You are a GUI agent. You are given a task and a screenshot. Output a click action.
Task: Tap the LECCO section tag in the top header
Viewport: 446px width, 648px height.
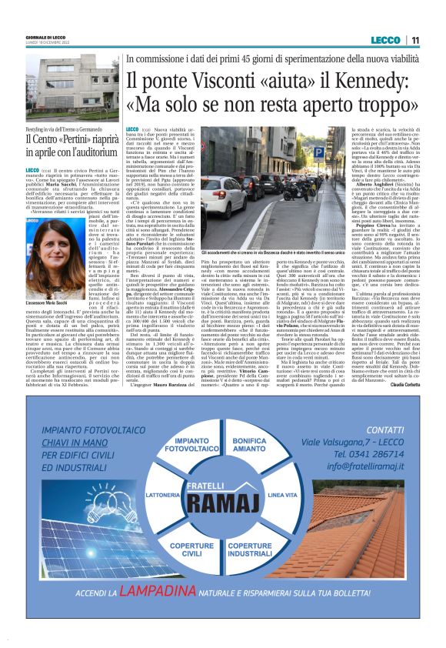pyautogui.click(x=384, y=40)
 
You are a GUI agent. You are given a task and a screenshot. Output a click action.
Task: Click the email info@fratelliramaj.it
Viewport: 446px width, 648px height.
pyautogui.click(x=364, y=466)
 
